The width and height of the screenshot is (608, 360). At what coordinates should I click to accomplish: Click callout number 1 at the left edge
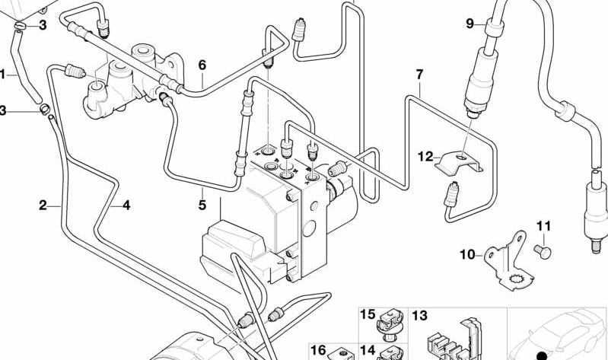(x=3, y=75)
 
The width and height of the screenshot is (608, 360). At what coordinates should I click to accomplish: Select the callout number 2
(x=44, y=205)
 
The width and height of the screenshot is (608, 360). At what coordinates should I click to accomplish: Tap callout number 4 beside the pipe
(x=126, y=205)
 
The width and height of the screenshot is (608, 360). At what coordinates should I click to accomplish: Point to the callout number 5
(x=202, y=205)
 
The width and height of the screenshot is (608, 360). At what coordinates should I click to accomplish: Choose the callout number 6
(x=202, y=65)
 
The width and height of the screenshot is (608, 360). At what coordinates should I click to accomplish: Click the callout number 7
(x=419, y=75)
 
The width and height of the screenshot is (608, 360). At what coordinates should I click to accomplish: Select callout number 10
(x=466, y=254)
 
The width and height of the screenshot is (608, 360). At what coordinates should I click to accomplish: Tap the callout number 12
(x=424, y=157)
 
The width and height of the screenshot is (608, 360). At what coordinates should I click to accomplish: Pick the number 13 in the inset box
(x=420, y=315)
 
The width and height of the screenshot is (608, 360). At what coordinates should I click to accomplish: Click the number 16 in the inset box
(x=318, y=350)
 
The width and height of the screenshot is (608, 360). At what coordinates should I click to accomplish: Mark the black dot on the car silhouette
(x=542, y=355)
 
